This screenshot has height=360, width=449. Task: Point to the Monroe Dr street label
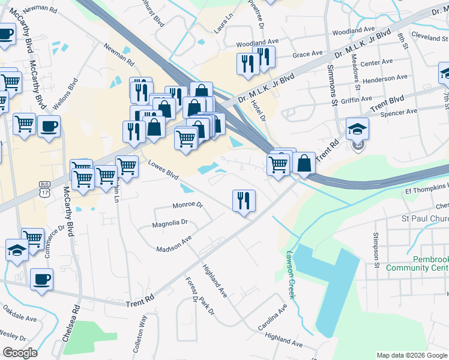point(188,205)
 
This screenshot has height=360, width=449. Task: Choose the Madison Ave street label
point(173,244)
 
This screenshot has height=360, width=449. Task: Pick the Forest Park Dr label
point(199,296)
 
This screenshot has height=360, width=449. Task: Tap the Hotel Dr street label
point(259,109)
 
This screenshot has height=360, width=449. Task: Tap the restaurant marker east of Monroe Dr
point(244,200)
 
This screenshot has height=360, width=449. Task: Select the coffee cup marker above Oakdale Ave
point(42,279)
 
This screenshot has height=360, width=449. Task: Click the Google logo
point(20,353)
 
